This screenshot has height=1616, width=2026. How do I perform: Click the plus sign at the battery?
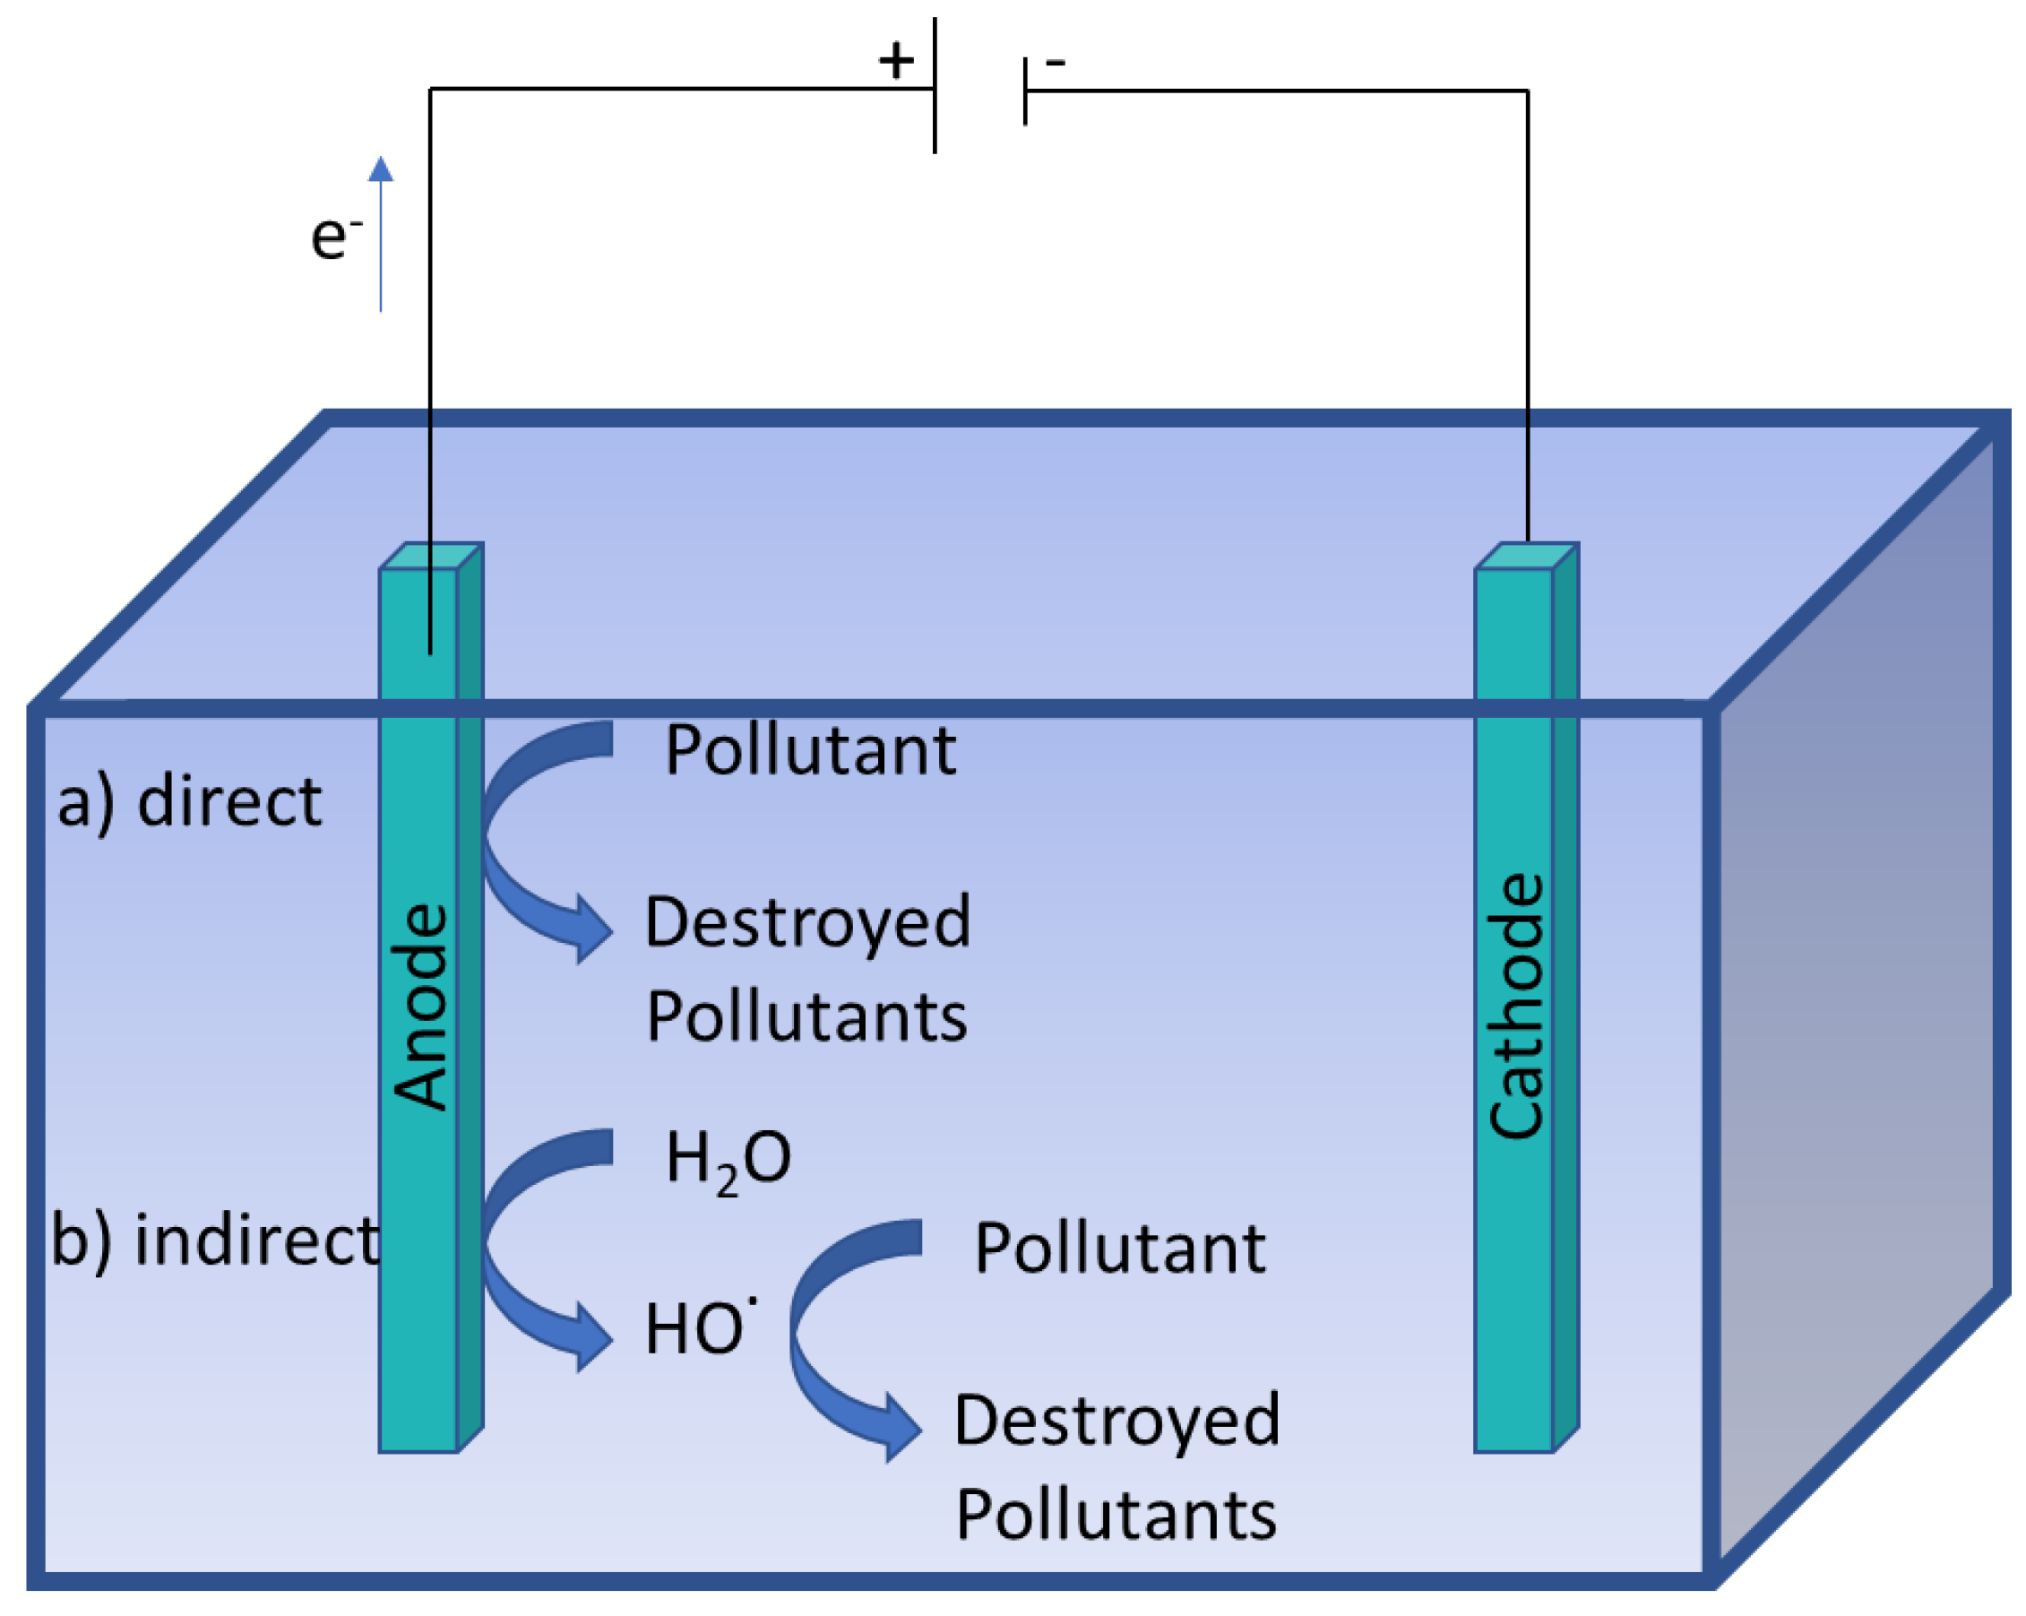(895, 62)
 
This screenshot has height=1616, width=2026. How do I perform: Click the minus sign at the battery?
(1056, 63)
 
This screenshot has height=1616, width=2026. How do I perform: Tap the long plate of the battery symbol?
(935, 84)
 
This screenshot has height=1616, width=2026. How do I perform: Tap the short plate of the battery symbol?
(1025, 91)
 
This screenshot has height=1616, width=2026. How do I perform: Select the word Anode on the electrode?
(420, 1007)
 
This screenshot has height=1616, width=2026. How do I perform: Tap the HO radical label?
(700, 1329)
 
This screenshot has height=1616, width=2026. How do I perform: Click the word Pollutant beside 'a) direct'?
(810, 751)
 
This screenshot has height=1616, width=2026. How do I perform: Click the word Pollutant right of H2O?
(1120, 1249)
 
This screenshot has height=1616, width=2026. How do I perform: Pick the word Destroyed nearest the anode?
(807, 924)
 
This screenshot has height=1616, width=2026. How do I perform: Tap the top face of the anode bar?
(431, 556)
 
